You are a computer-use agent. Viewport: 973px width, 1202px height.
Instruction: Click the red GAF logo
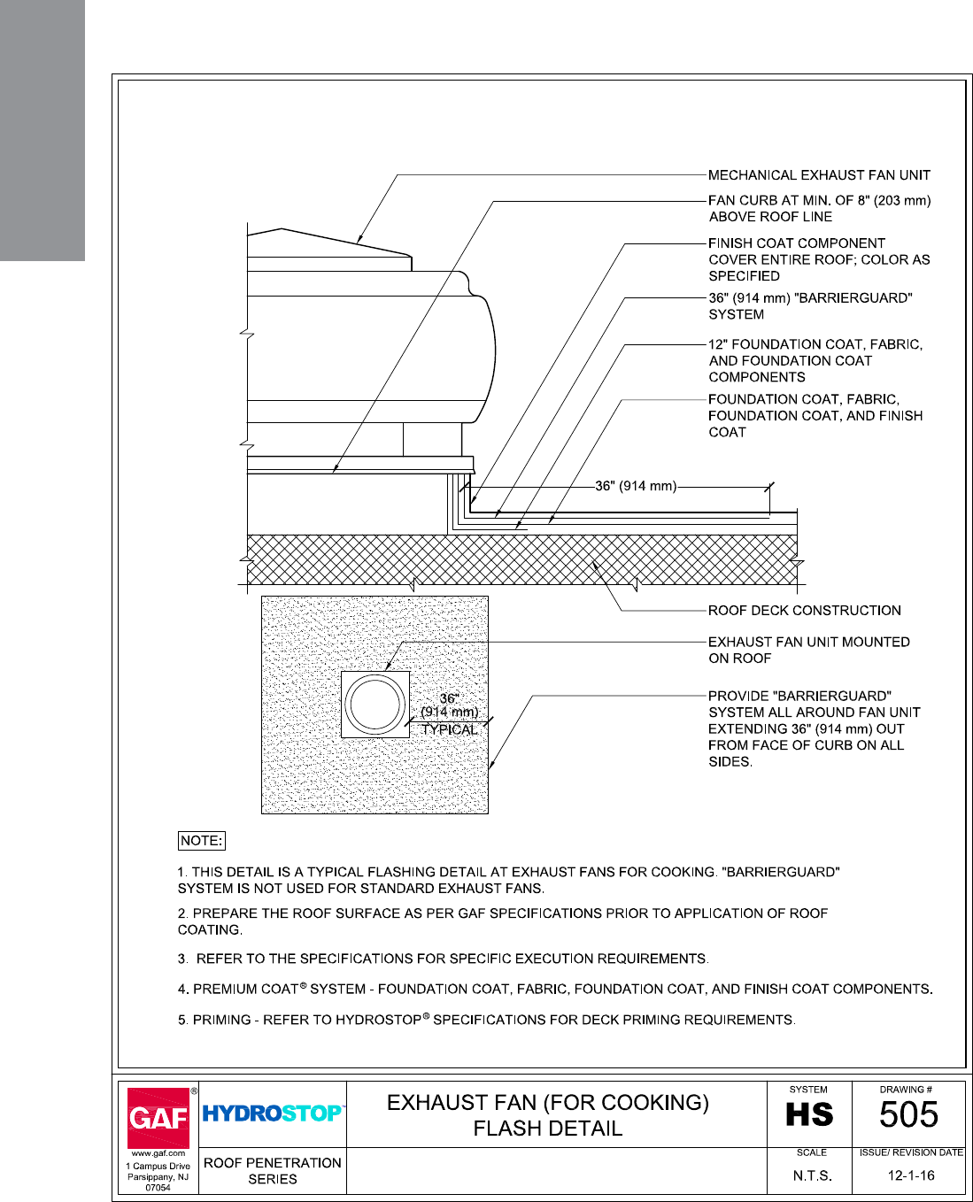coord(158,1117)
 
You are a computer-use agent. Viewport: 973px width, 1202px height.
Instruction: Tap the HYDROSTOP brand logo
coord(272,1113)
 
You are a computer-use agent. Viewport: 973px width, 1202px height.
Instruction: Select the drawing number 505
coord(908,1115)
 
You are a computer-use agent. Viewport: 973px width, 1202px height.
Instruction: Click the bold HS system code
coord(809,1115)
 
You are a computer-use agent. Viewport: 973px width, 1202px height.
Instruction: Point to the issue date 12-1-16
coord(911,1175)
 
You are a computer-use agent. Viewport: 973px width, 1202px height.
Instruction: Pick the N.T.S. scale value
coord(812,1176)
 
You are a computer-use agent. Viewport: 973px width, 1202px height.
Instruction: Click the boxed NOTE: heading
coord(201,841)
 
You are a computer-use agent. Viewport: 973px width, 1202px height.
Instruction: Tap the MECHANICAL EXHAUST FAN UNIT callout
coord(819,175)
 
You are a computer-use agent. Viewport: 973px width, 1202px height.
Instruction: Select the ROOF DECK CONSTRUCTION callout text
coord(804,611)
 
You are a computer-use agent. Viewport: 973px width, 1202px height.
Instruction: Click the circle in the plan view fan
coord(375,705)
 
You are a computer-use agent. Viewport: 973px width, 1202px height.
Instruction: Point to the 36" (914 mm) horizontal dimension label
coord(636,486)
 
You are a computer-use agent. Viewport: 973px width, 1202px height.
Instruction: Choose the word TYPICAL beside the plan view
coord(450,729)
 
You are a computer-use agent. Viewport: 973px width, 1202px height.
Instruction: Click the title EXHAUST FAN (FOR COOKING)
coord(548,1103)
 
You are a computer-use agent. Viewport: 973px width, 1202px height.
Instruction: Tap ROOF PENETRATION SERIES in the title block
coord(273,1170)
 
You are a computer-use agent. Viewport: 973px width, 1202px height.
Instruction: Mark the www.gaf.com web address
coord(158,1153)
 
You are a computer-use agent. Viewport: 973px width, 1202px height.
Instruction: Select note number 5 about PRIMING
coord(487,1020)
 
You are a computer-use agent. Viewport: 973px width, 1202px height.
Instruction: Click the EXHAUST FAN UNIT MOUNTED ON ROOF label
coord(808,650)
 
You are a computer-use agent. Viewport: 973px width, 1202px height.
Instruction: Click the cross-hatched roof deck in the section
coord(522,559)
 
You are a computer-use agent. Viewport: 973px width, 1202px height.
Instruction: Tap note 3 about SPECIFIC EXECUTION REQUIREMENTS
coord(443,959)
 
